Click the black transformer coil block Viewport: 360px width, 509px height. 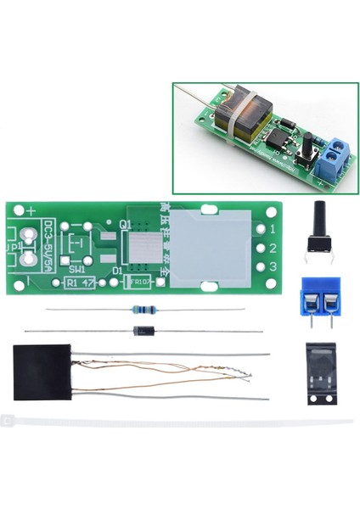pos(41,372)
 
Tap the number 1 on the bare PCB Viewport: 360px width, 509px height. pos(272,230)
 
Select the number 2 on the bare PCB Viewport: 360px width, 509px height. pos(272,249)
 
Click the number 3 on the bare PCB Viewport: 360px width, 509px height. pos(272,268)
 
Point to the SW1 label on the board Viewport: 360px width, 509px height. pos(77,268)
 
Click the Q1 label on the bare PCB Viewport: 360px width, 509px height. pos(126,225)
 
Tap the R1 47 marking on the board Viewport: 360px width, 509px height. pos(82,282)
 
